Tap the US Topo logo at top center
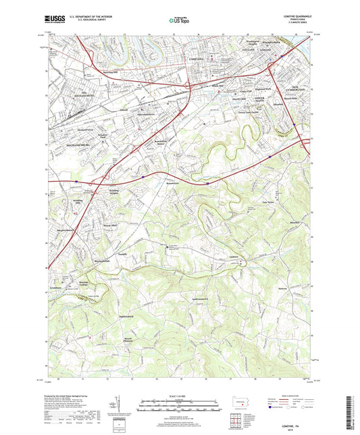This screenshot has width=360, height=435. [179, 21]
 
